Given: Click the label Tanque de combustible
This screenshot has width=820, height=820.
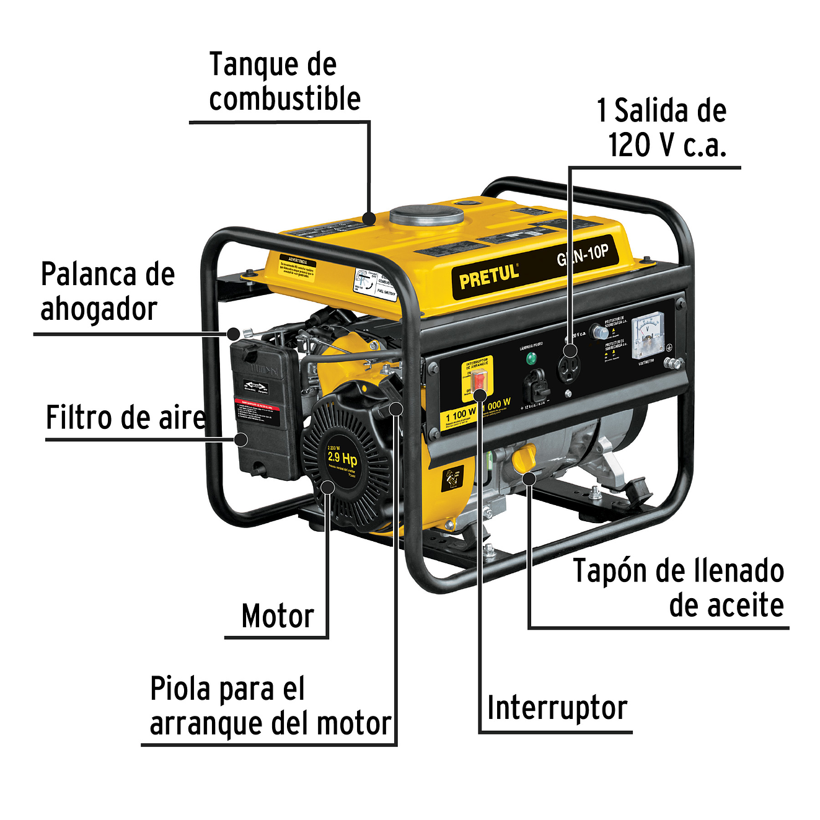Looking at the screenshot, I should (284, 82).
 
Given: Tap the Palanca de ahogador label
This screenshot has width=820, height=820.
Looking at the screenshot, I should (107, 292).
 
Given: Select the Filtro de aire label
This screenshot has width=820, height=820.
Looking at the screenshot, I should (125, 418).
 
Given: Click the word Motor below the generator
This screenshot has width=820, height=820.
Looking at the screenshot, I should (278, 616).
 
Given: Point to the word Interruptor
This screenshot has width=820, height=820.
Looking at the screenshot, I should (557, 708).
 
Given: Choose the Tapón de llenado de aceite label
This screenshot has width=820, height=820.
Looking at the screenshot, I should (678, 588).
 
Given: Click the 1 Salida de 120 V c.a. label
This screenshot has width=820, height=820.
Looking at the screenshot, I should (662, 128).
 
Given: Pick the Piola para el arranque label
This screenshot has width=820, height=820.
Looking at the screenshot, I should (270, 707).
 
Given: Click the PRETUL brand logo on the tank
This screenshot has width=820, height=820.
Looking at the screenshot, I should (488, 276).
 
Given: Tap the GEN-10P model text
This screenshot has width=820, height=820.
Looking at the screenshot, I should (583, 255).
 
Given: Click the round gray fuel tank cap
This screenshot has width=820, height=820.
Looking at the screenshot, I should (427, 215).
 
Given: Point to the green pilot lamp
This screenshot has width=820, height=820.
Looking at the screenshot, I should (531, 358).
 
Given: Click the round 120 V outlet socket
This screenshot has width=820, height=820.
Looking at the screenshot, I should (568, 368).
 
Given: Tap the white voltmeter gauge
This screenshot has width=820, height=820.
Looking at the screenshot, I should (648, 336).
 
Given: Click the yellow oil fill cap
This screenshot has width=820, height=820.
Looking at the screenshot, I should (524, 457).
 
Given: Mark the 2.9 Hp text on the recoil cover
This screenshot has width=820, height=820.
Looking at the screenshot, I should (342, 458).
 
